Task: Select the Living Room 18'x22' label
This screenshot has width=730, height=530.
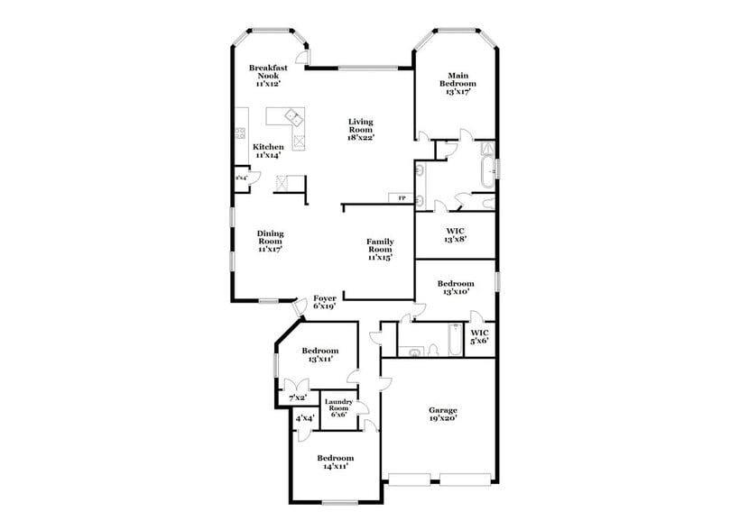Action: tap(361, 130)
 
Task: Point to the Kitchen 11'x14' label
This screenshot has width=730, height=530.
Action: tap(268, 151)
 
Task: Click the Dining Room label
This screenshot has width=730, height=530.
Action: tap(271, 241)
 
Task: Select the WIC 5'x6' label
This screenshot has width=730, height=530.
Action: tap(479, 336)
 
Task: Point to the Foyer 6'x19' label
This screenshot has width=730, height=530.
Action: tap(325, 302)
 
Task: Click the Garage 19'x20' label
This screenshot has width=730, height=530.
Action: tap(442, 414)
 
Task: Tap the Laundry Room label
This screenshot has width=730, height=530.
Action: tap(338, 407)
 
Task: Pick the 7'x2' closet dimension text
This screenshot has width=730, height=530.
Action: tap(297, 397)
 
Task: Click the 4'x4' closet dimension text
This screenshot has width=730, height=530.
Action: tap(304, 418)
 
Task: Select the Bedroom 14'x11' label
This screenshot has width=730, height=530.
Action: tap(334, 462)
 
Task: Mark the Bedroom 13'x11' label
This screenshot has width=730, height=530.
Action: tap(320, 354)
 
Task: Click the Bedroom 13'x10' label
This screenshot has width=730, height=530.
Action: tap(456, 288)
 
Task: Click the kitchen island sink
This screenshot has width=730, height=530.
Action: tap(292, 116)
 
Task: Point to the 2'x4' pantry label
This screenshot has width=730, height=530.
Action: tap(242, 178)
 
